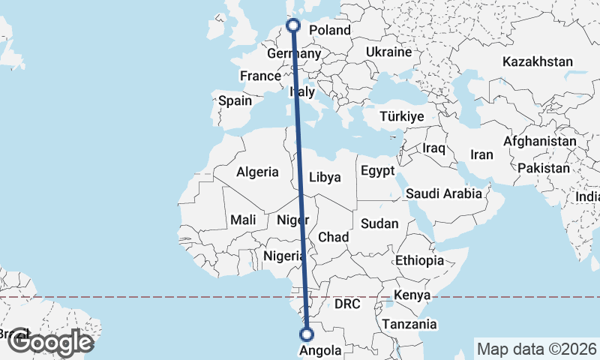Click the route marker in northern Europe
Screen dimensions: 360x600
[x=293, y=25]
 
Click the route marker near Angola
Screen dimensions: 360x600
[x=306, y=334]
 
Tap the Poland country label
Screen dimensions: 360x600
[x=330, y=30]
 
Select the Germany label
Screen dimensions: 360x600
[x=294, y=55]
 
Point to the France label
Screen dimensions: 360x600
[x=259, y=76]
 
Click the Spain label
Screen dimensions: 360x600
[x=235, y=100]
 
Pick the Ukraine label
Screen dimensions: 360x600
[x=389, y=52]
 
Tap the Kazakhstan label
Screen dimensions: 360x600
[x=539, y=61]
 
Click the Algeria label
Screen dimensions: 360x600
[x=257, y=172]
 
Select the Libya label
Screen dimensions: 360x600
[x=325, y=178]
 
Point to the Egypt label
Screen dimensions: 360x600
[x=377, y=171]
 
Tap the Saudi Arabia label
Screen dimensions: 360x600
[x=444, y=193]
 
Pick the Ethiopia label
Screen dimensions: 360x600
[x=420, y=260]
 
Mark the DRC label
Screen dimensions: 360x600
[x=348, y=304]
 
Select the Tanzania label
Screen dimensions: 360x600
[x=409, y=324]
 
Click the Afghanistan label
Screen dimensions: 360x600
[x=540, y=141]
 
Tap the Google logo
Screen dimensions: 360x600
[x=50, y=343]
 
